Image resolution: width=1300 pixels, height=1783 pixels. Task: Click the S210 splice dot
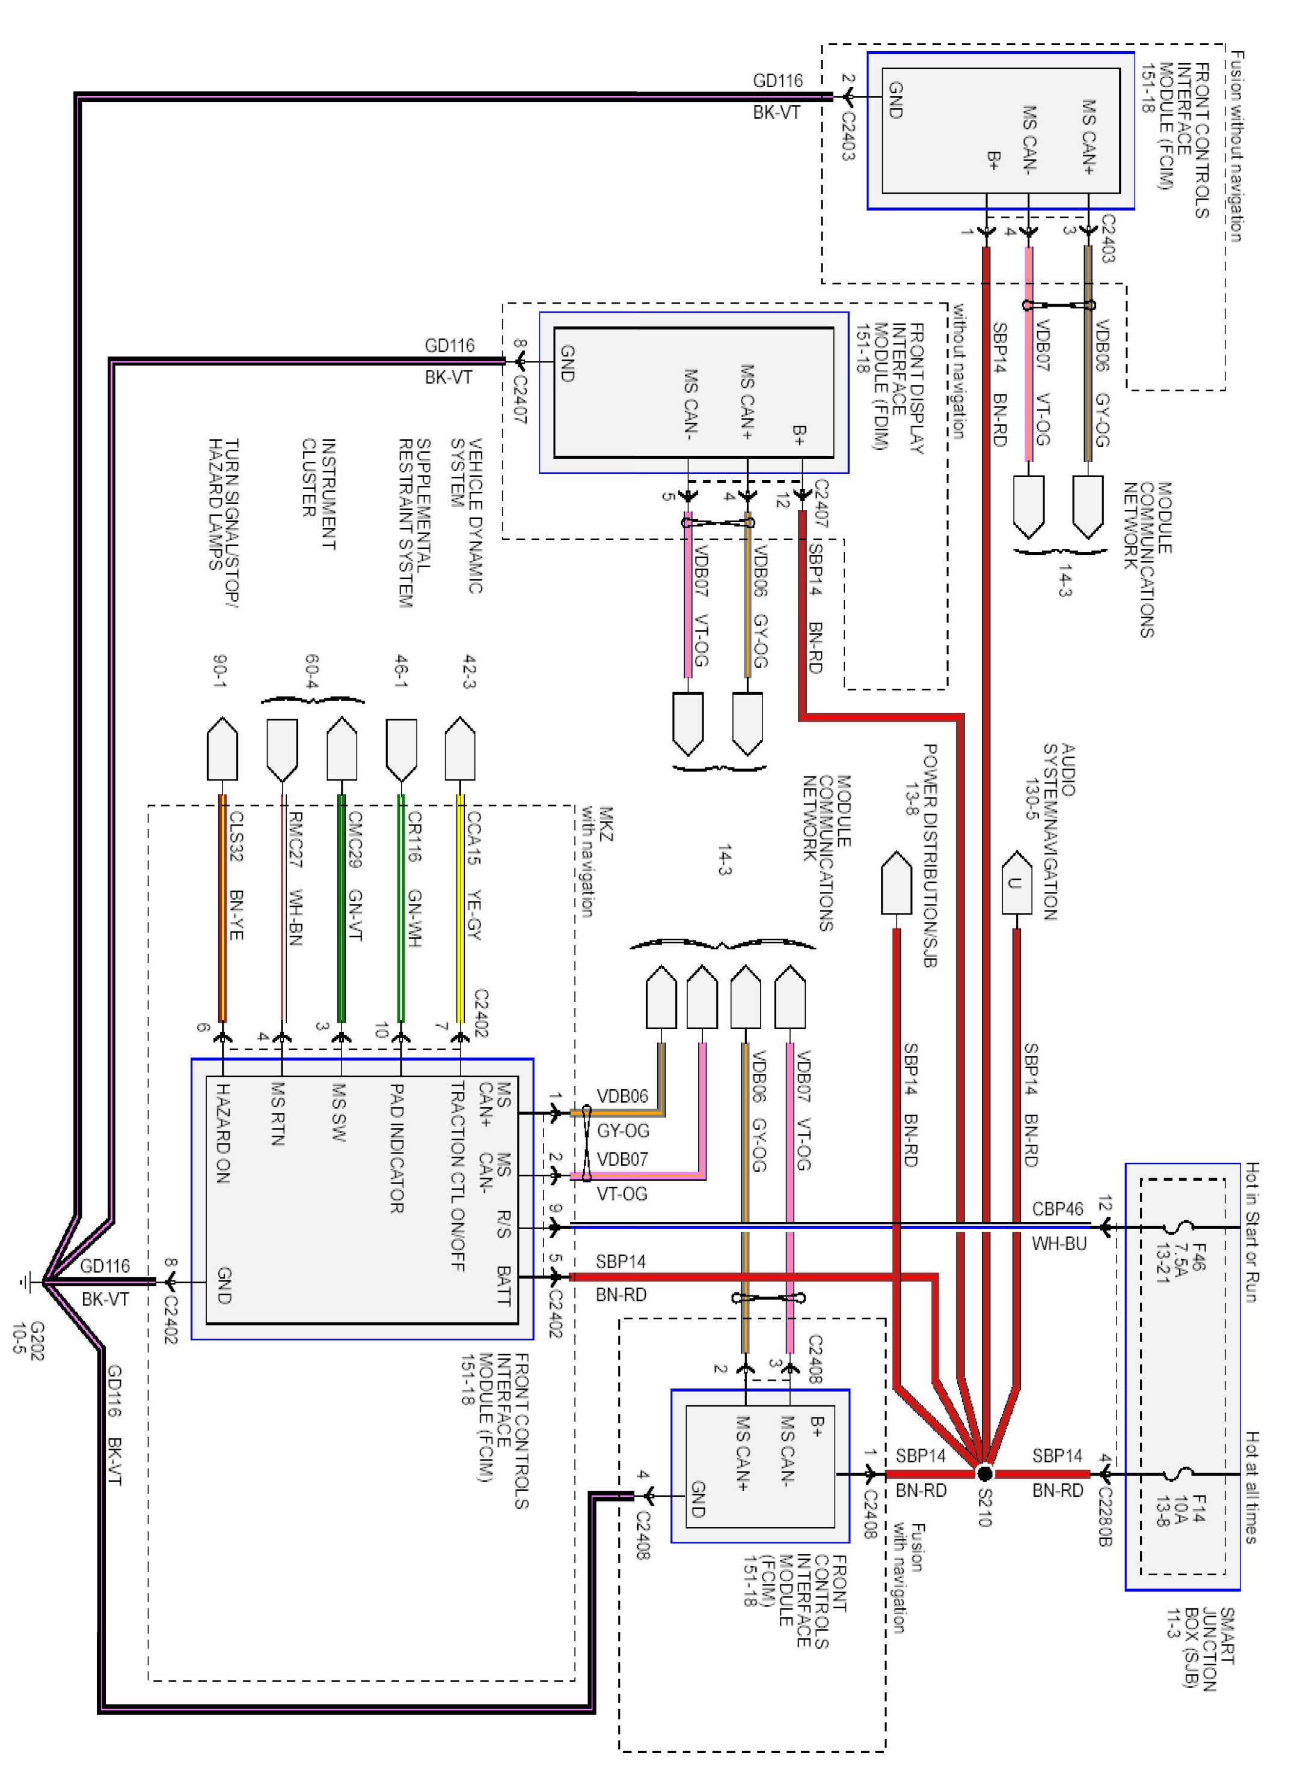984,1473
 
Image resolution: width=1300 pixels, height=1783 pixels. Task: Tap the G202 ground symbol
28,1283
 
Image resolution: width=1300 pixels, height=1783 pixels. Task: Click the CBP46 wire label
1058,1209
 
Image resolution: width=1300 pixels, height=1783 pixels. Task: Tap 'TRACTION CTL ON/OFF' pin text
457,1176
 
